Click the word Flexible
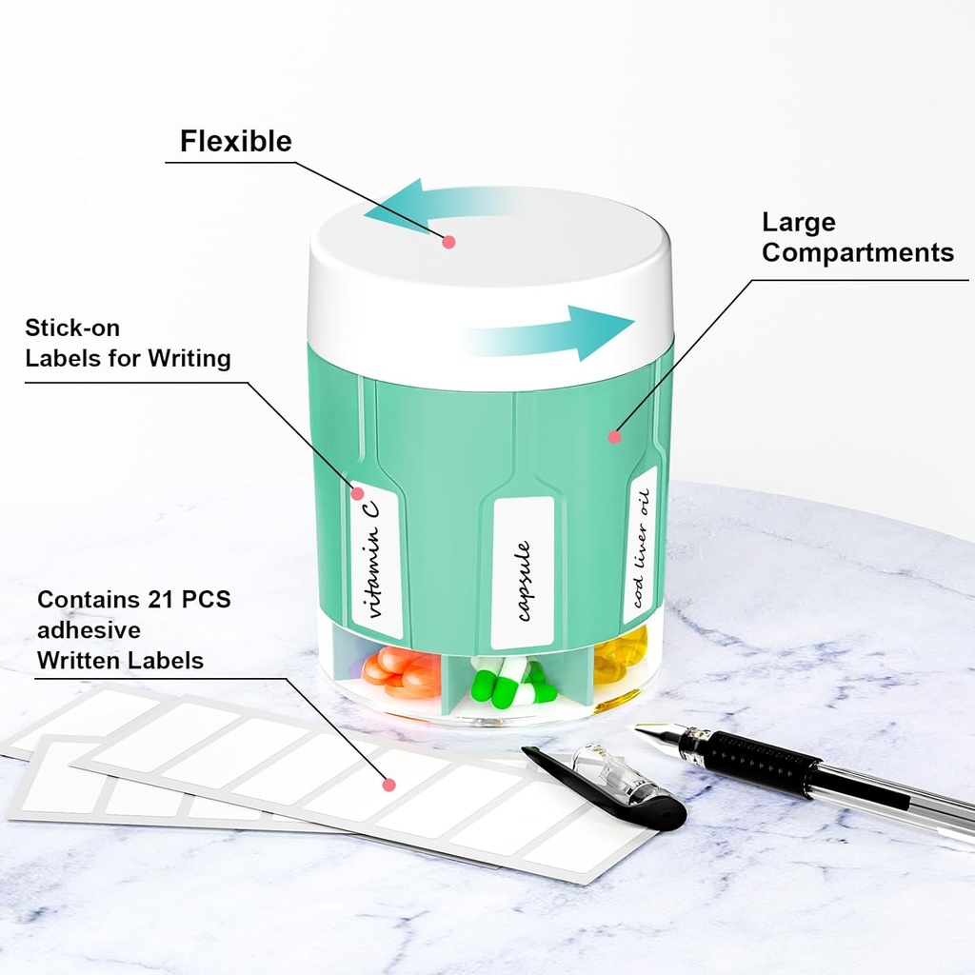[x=236, y=141]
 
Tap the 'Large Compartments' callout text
[x=858, y=237]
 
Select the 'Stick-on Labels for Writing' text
[x=128, y=343]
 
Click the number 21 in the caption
[x=160, y=600]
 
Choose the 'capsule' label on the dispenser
[x=523, y=572]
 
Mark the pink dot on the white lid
[x=449, y=242]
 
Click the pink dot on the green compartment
[x=614, y=437]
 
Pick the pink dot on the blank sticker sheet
[x=389, y=785]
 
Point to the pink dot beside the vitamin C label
[x=358, y=494]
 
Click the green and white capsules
[x=511, y=683]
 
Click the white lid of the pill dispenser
[x=490, y=286]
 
